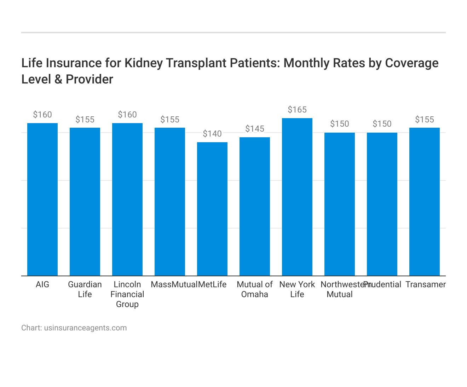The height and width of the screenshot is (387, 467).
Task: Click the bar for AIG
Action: coord(42,200)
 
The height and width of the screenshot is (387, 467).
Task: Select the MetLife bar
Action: coord(212,209)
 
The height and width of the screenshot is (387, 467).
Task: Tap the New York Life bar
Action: coord(297,197)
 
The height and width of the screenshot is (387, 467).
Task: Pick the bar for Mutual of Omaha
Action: coord(255,207)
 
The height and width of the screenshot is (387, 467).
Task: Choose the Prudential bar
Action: coord(382,204)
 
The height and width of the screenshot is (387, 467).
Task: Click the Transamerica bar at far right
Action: coord(425,202)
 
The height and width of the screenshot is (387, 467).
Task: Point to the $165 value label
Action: coord(297,110)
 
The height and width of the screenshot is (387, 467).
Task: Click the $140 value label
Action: coord(212,134)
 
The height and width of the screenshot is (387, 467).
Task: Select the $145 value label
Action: coord(255,129)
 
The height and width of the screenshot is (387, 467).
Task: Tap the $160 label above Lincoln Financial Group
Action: coord(127,115)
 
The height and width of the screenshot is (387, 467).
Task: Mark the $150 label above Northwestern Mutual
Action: coord(340,124)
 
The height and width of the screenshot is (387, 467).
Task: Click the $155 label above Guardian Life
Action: coord(85,120)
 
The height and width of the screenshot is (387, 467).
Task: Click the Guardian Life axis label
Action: coord(85,289)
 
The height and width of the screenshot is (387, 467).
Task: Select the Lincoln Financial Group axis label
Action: coord(127,294)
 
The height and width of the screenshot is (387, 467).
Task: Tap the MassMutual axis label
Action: coord(174,284)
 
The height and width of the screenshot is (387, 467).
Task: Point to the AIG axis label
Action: coord(42,284)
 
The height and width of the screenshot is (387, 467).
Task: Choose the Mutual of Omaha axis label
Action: coord(255,289)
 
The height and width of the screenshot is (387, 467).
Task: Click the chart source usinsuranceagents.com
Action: coord(85,328)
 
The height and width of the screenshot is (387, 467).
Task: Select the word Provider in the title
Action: coord(90,79)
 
